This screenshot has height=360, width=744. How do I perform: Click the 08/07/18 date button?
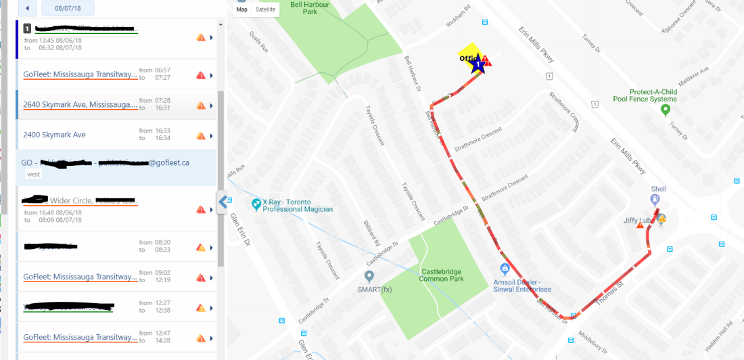(x=68, y=9)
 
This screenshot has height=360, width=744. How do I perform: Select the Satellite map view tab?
(x=265, y=9)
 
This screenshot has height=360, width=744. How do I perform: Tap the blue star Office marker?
(x=478, y=66)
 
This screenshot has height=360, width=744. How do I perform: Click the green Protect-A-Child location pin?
(x=665, y=110)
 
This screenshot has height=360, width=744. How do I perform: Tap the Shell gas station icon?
(x=655, y=199)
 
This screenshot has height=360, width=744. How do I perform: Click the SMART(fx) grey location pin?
(x=369, y=276)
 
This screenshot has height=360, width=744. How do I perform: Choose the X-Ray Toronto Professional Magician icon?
(x=256, y=204)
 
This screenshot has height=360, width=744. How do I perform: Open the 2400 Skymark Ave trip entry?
(x=54, y=135)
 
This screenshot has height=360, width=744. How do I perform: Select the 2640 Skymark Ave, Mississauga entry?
(x=79, y=104)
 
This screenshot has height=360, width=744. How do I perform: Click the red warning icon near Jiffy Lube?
(x=640, y=225)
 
